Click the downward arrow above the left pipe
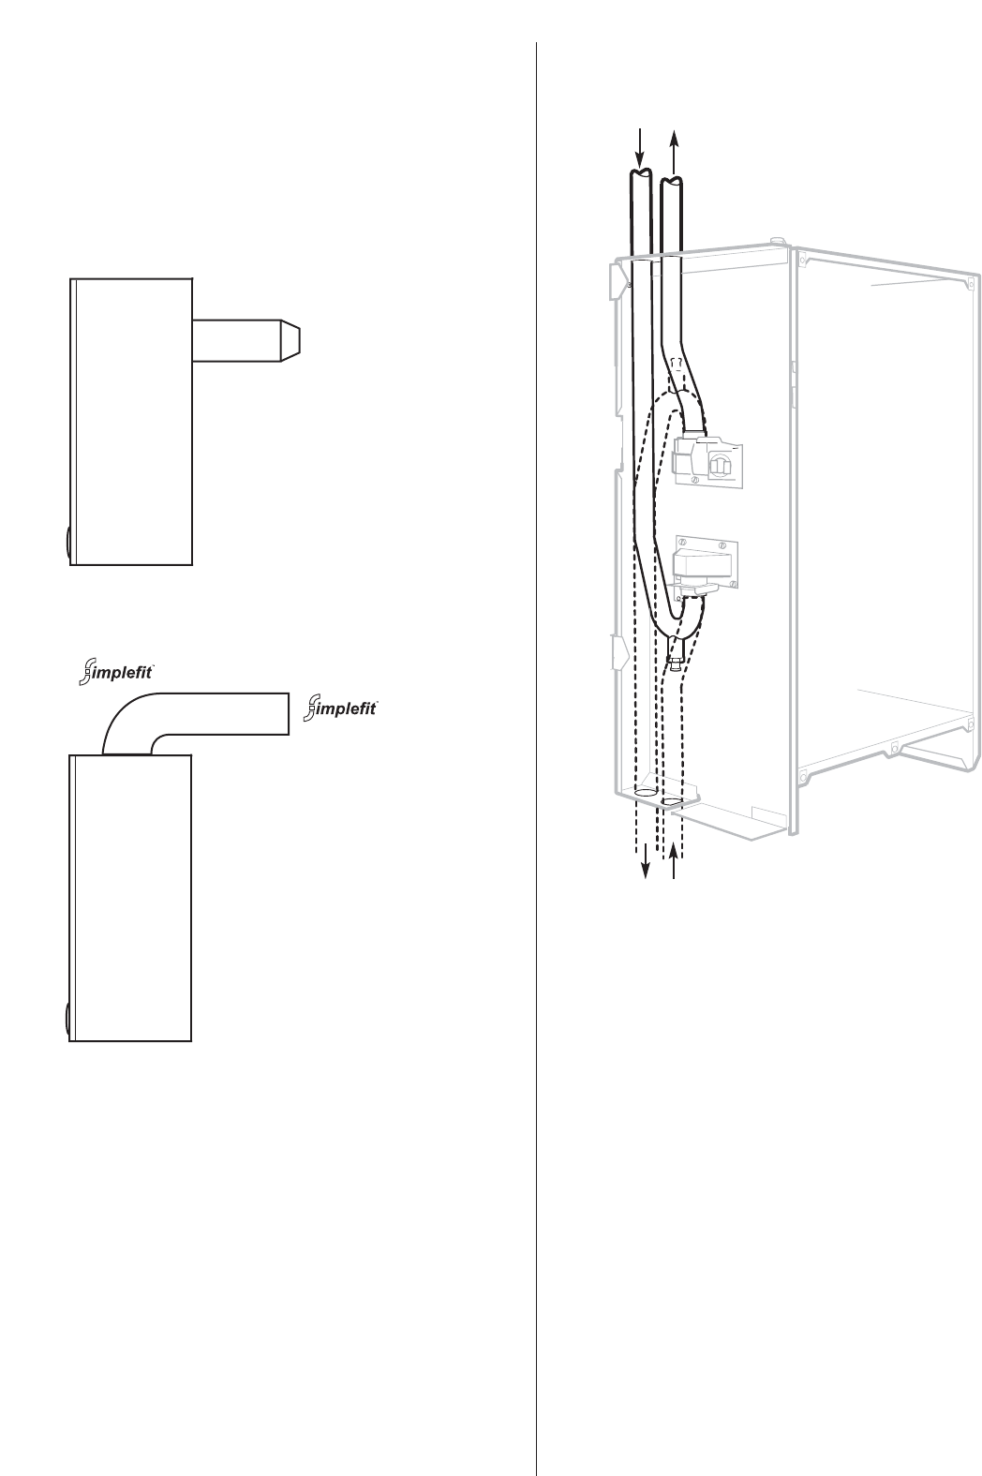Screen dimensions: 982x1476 pyautogui.click(x=640, y=145)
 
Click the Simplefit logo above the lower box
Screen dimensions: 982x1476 pyautogui.click(x=117, y=672)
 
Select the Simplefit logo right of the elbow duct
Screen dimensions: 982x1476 pyautogui.click(x=342, y=708)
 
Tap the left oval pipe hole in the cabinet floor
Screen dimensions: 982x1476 pyautogui.click(x=646, y=794)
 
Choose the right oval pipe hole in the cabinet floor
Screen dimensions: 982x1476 pyautogui.click(x=672, y=802)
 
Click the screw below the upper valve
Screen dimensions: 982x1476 pyautogui.click(x=694, y=481)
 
